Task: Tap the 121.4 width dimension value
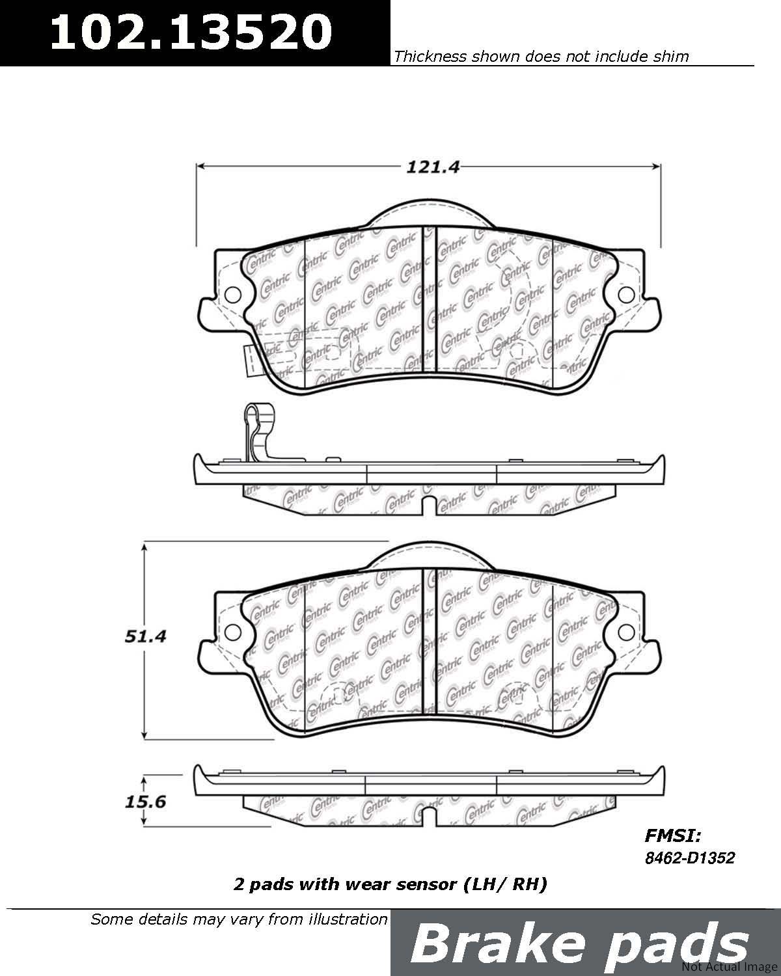click(432, 167)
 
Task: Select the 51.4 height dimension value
click(145, 637)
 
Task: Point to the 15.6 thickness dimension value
click(145, 802)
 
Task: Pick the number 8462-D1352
click(690, 858)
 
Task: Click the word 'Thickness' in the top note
click(430, 57)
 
